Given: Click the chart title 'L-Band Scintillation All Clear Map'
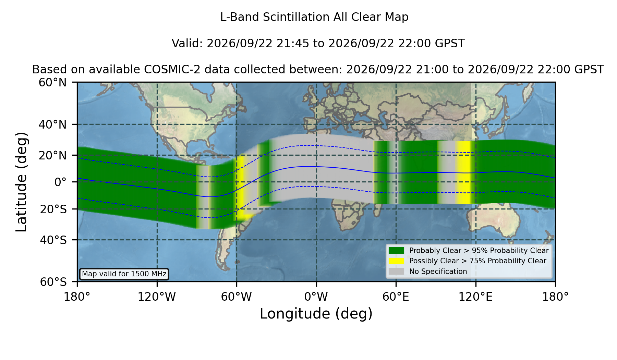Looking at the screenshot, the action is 314,17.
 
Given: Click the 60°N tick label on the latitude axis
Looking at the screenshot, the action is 52,83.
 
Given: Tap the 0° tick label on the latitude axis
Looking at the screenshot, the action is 60,182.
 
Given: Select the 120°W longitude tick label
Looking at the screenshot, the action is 157,297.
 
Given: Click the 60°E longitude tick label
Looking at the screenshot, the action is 396,297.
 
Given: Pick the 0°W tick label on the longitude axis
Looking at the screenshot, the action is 316,297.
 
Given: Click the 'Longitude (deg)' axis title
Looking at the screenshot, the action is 316,314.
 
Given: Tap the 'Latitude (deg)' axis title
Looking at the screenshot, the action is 21,182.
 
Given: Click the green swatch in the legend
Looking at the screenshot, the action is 396,251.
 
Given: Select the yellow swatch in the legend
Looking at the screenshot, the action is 396,261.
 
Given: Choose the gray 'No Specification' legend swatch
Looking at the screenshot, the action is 396,272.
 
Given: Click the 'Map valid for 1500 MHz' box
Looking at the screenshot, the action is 124,274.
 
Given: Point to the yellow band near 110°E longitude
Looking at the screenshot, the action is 462,172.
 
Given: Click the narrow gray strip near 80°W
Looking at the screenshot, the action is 204,197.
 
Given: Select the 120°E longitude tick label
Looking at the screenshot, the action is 475,297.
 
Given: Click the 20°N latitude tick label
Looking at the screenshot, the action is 52,155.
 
